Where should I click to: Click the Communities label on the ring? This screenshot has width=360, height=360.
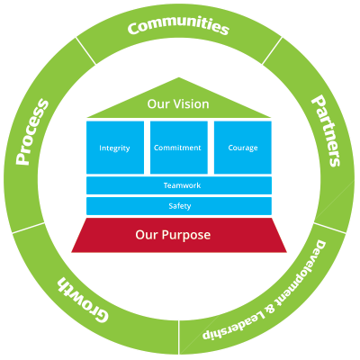(178, 27)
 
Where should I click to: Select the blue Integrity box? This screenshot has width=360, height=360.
(115, 147)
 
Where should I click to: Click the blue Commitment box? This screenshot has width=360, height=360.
(178, 147)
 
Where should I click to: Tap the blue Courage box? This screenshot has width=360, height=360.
(242, 147)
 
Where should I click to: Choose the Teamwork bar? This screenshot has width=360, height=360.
(178, 184)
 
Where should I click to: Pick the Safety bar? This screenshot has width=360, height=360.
(178, 206)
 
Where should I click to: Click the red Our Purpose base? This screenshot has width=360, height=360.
(178, 235)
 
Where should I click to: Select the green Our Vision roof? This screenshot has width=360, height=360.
(178, 106)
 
